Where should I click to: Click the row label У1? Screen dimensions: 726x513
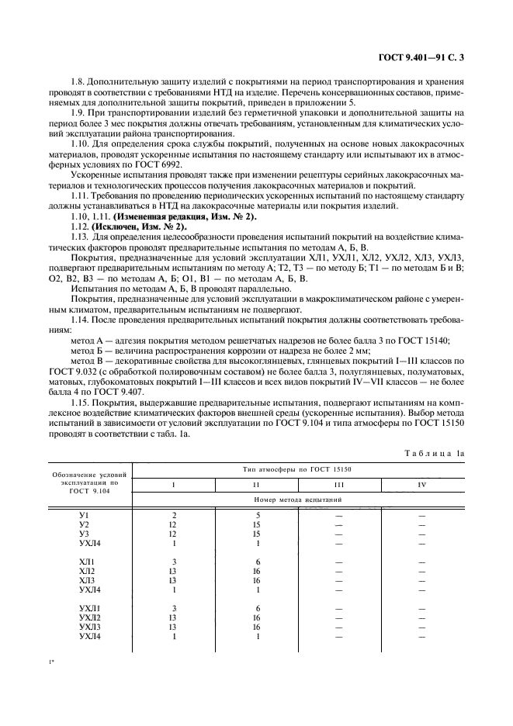pos(85,516)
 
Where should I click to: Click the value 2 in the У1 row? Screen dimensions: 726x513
pos(174,516)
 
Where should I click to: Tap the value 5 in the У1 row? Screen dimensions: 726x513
pos(256,516)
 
